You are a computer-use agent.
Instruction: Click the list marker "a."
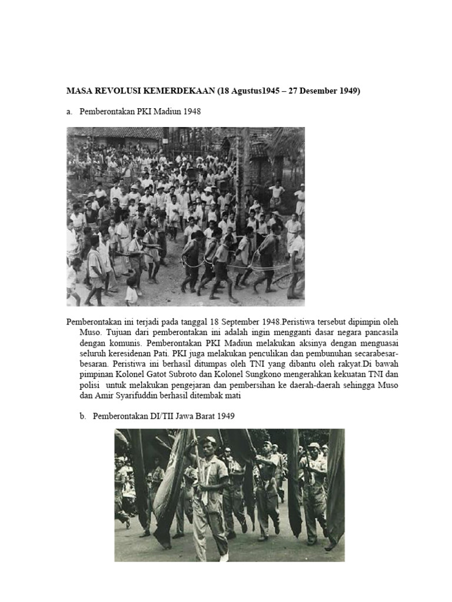[69, 112]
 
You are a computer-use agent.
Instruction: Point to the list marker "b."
[82, 417]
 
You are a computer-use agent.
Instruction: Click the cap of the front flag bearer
[209, 440]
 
